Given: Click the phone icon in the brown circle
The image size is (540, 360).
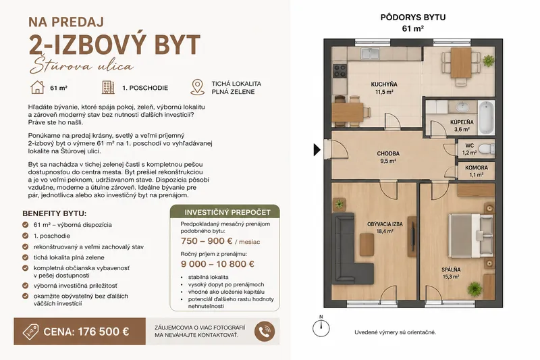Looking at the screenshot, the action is pyautogui.click(x=265, y=332).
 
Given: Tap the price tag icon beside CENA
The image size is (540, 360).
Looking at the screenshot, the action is pyautogui.click(x=30, y=332).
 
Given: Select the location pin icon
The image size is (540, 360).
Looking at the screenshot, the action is pyautogui.click(x=197, y=87).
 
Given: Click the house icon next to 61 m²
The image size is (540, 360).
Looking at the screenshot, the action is pyautogui.click(x=38, y=88).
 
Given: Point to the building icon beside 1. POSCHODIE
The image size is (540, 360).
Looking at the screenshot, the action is pyautogui.click(x=108, y=88).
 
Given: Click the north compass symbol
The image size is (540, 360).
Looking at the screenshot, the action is pyautogui.click(x=321, y=328).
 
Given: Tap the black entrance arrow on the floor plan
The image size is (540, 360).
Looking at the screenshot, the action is pyautogui.click(x=317, y=149).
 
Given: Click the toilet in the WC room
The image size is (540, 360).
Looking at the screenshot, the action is pyautogui.click(x=486, y=149).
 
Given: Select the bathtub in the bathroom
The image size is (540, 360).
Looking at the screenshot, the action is pyautogui.click(x=486, y=117).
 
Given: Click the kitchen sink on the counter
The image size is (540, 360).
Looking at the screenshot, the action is pyautogui.click(x=370, y=53).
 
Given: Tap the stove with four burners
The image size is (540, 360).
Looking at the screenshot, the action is pyautogui.click(x=340, y=71).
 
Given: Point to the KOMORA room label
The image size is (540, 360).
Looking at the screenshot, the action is pyautogui.click(x=477, y=168).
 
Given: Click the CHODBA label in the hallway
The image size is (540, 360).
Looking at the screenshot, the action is pyautogui.click(x=388, y=153).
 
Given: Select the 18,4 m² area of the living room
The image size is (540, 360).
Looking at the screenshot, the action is pyautogui.click(x=385, y=232).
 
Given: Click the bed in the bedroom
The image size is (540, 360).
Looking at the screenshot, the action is pyautogui.click(x=470, y=236).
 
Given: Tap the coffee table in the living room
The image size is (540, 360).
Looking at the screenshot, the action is pyautogui.click(x=367, y=245).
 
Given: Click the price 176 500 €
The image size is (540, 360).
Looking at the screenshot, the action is pyautogui.click(x=103, y=332).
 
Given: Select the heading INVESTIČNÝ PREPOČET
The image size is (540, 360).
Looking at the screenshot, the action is pyautogui.click(x=227, y=212).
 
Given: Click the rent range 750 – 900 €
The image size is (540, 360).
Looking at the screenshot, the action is pyautogui.click(x=207, y=241).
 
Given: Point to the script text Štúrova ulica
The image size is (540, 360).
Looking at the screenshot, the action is pyautogui.click(x=82, y=66).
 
